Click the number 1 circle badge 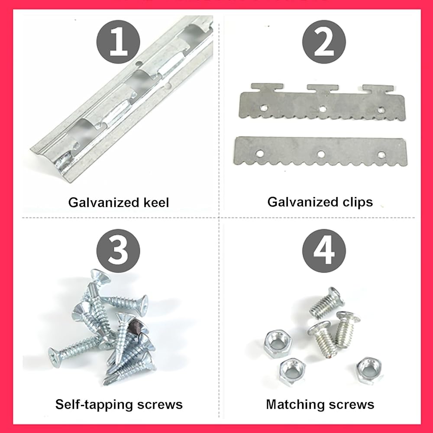[x=118, y=42]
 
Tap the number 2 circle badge [x=324, y=42]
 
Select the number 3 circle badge [x=118, y=251]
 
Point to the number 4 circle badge [x=324, y=251]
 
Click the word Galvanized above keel [x=103, y=202]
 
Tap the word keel [x=156, y=202]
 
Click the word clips [x=358, y=202]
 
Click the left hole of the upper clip [x=263, y=108]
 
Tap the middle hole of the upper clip [x=322, y=109]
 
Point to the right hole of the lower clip [x=381, y=155]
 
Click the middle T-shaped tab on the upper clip [x=323, y=89]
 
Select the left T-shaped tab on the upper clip [x=267, y=87]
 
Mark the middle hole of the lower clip [x=321, y=154]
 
